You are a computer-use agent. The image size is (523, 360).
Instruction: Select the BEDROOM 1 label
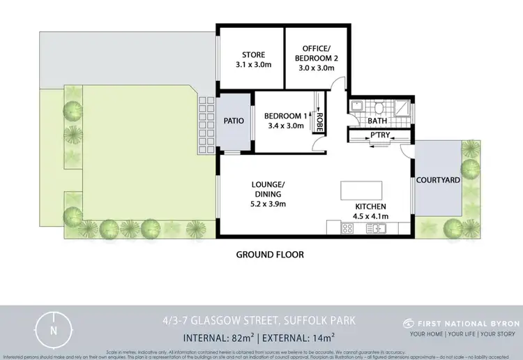[284, 116]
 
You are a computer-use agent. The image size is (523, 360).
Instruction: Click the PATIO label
[234, 121]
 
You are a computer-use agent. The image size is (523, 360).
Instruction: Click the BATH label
[377, 121]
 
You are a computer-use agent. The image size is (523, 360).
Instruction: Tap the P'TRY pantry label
[379, 134]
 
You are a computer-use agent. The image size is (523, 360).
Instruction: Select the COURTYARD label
[438, 180]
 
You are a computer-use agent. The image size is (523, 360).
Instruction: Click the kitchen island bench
[361, 190]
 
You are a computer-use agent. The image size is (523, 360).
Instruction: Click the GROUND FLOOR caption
[270, 255]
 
